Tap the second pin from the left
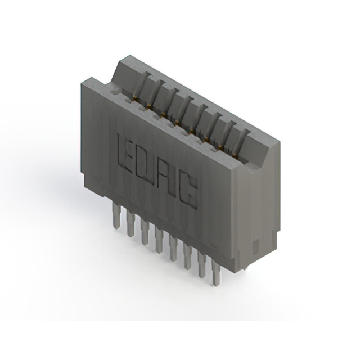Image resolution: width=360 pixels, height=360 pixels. (x=131, y=223)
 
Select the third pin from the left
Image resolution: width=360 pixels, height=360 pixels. (x=146, y=231)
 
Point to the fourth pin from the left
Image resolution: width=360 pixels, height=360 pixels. (x=160, y=238)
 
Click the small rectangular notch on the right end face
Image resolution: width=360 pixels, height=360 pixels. (x=256, y=246)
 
